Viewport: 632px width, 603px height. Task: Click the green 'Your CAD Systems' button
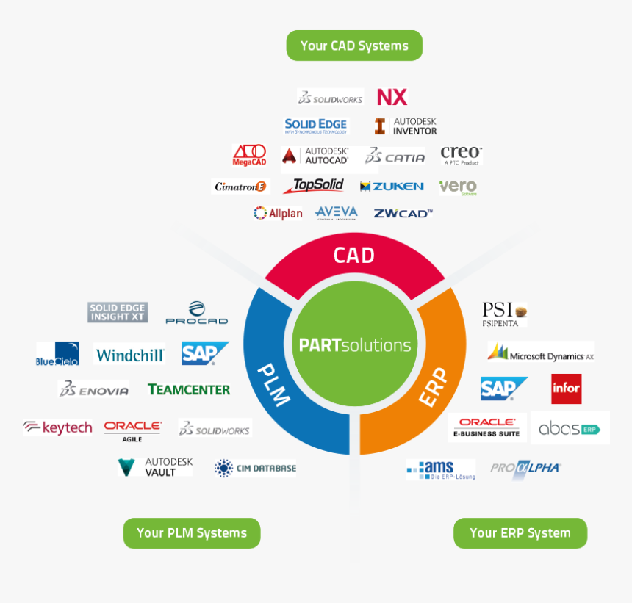pyautogui.click(x=354, y=46)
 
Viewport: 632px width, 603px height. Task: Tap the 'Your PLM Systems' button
pyautogui.click(x=191, y=533)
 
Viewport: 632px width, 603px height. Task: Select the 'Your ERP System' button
pyautogui.click(x=520, y=533)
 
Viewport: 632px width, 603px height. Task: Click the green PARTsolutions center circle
pyautogui.click(x=355, y=344)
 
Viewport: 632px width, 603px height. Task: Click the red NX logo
pyautogui.click(x=392, y=97)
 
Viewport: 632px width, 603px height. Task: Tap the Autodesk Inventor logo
pyautogui.click(x=405, y=126)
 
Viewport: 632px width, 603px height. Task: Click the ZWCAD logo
pyautogui.click(x=403, y=213)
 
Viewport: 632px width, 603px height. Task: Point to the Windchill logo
pyautogui.click(x=130, y=355)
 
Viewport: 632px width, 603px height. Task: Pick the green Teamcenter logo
pyautogui.click(x=188, y=389)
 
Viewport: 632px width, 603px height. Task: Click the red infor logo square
pyautogui.click(x=566, y=389)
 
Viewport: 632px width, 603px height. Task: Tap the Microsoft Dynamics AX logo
pyautogui.click(x=541, y=353)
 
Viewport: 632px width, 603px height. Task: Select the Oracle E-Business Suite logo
pyautogui.click(x=486, y=427)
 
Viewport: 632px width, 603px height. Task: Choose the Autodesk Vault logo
pyautogui.click(x=155, y=467)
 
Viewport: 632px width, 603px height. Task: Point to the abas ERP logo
pyautogui.click(x=570, y=428)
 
